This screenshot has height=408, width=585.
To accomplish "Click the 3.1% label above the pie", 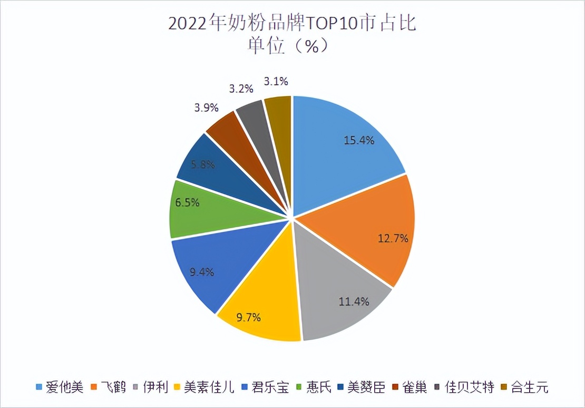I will [276, 81].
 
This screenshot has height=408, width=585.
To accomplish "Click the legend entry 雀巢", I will [414, 388].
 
